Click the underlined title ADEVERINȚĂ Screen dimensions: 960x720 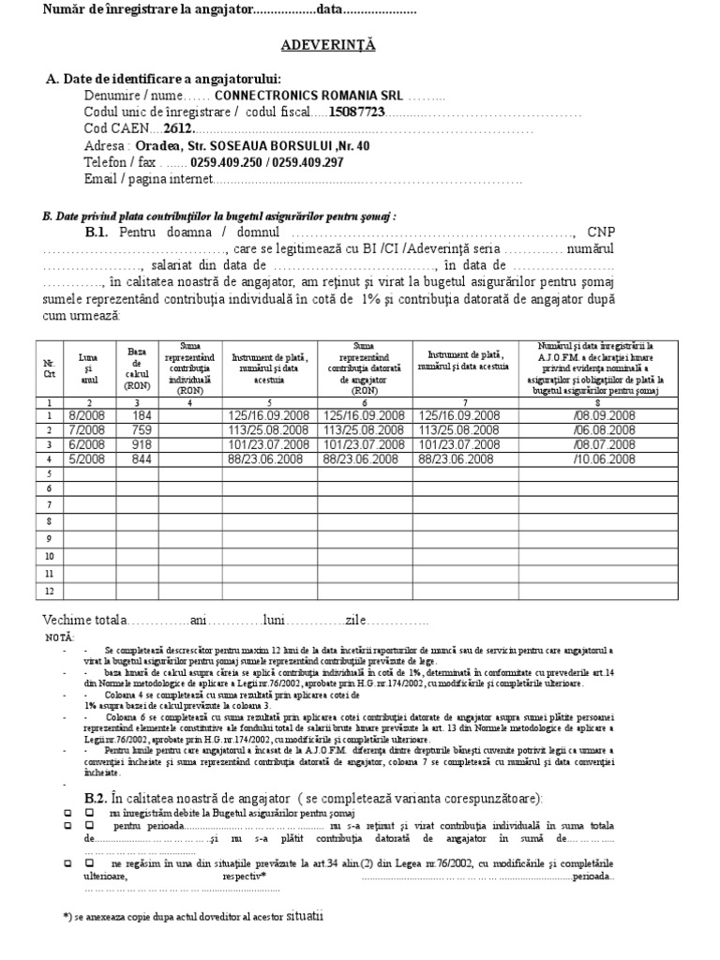pyautogui.click(x=329, y=44)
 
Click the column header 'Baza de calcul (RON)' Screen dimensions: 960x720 pyautogui.click(x=137, y=368)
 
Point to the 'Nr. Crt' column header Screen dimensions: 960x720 pyautogui.click(x=50, y=368)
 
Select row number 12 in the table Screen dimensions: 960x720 pyautogui.click(x=49, y=591)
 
